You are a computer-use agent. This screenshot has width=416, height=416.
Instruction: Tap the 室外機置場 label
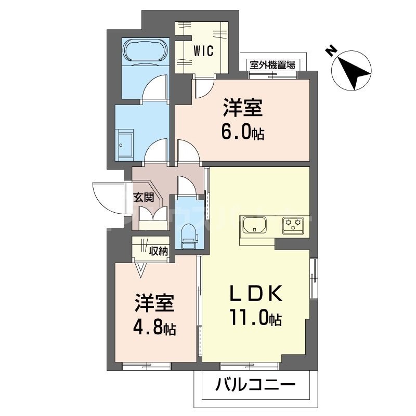[x=272, y=65]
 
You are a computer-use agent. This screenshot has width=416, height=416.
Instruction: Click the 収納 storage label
[x=159, y=252]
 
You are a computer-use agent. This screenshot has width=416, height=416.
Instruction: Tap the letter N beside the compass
[x=329, y=50]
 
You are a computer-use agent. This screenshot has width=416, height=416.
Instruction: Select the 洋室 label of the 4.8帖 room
[x=154, y=304]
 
